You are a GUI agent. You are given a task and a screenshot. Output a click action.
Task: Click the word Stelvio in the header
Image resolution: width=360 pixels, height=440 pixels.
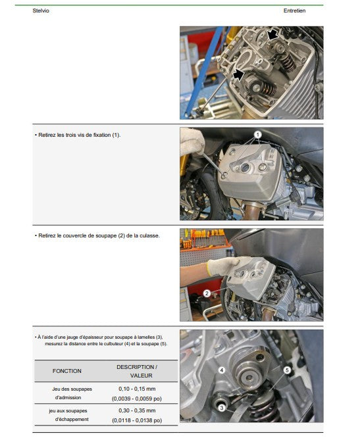pos(41,11)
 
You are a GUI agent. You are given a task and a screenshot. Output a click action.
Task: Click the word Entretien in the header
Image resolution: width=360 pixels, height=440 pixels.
pos(294,11)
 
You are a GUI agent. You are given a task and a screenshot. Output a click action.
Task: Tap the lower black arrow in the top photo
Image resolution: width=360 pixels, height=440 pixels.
pos(238,74)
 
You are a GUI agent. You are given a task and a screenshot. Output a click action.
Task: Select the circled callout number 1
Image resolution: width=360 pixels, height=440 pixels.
pos(258,135)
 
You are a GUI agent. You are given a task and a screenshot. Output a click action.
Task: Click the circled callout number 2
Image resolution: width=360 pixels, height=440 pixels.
pos(207,293)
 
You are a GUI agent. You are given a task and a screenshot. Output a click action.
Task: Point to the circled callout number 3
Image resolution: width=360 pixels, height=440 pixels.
pos(222,408)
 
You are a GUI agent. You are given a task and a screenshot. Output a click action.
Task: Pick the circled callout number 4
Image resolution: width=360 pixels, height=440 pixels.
pos(222,370)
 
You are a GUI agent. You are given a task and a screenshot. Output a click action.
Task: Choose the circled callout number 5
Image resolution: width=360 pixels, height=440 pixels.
pos(287,370)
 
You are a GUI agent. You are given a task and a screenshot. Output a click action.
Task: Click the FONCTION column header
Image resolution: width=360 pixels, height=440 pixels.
pos(67,371)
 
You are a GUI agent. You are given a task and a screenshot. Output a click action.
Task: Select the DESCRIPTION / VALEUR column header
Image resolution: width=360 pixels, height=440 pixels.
pos(137,371)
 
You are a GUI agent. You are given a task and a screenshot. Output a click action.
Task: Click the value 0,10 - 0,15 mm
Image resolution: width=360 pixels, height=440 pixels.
pos(137,389)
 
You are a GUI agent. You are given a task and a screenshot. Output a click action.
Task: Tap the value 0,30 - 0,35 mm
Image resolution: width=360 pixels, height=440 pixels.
pos(137,410)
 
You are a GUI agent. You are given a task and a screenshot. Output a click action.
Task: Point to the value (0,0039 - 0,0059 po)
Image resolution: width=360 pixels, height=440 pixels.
pos(137,399)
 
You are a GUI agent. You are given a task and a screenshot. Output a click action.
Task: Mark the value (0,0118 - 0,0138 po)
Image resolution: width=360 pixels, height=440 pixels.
pos(137,420)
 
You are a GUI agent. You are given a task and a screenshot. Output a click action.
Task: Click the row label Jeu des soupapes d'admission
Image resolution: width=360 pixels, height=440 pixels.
pos(72,393)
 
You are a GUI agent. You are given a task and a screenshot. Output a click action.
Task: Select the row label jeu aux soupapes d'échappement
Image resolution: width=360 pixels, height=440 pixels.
pos(68,415)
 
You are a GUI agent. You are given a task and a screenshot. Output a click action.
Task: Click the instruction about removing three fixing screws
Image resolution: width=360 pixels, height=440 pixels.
pos(78,135)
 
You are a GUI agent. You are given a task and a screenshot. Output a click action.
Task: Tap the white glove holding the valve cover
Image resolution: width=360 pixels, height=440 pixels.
pos(224,266)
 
